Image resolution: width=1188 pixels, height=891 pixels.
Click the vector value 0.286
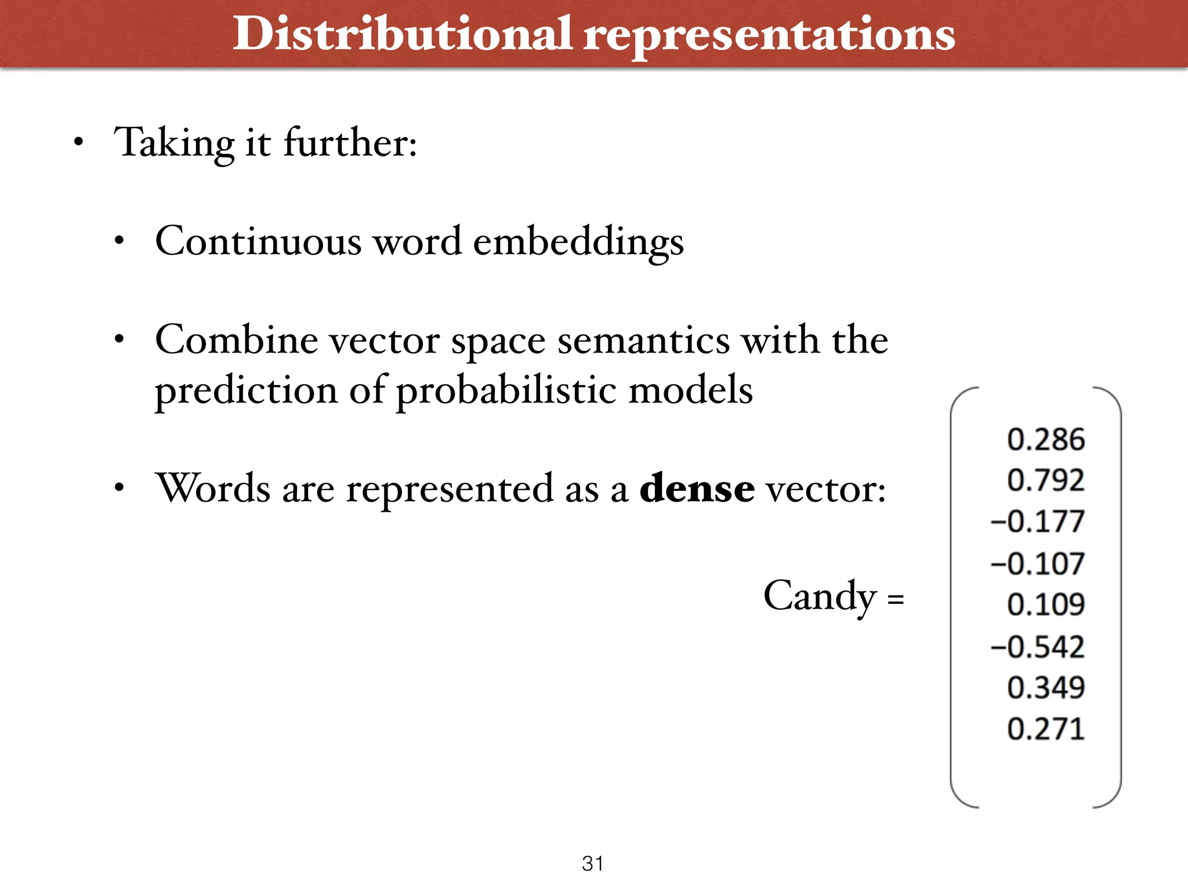[x=1045, y=439]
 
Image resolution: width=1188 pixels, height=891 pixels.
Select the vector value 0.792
[x=1045, y=480]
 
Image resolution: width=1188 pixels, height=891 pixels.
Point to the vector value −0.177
[x=1037, y=521]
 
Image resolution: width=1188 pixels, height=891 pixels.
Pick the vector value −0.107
[x=1037, y=563]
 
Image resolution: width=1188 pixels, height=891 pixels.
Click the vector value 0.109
[x=1045, y=604]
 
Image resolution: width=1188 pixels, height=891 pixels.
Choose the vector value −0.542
[x=1037, y=646]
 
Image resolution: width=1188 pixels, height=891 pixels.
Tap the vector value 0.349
[x=1045, y=687]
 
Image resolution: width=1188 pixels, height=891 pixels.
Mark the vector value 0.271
[x=1045, y=729]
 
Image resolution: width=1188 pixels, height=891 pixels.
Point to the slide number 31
[x=593, y=863]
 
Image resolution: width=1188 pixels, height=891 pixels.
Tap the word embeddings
[x=578, y=242]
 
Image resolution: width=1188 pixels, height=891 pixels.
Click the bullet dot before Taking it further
[x=79, y=142]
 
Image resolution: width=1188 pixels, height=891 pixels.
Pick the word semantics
[x=643, y=341]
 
